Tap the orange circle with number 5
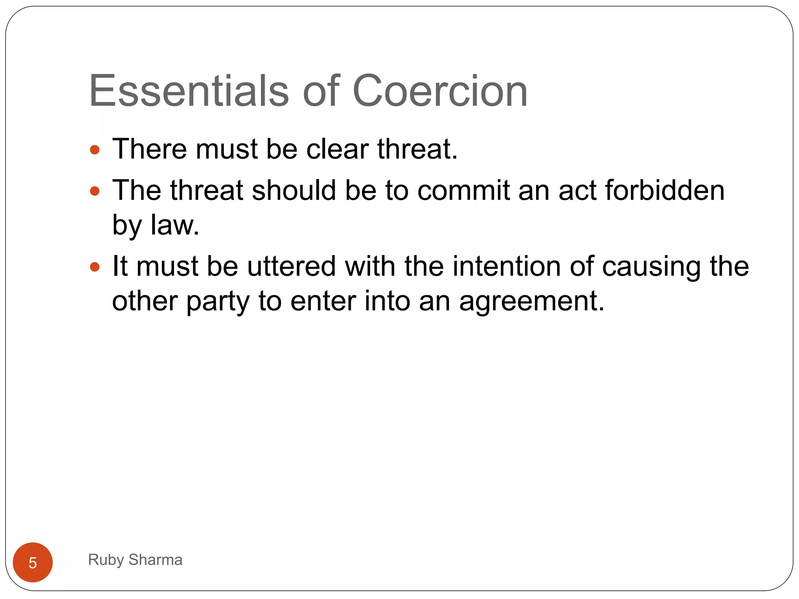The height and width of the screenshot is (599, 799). point(33,562)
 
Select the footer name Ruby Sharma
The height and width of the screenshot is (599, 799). point(135,560)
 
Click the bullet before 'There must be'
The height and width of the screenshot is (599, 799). point(95,150)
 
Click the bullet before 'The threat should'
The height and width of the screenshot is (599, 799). point(95,191)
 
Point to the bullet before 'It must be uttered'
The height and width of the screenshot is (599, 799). point(95,267)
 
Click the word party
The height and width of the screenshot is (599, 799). point(217,301)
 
